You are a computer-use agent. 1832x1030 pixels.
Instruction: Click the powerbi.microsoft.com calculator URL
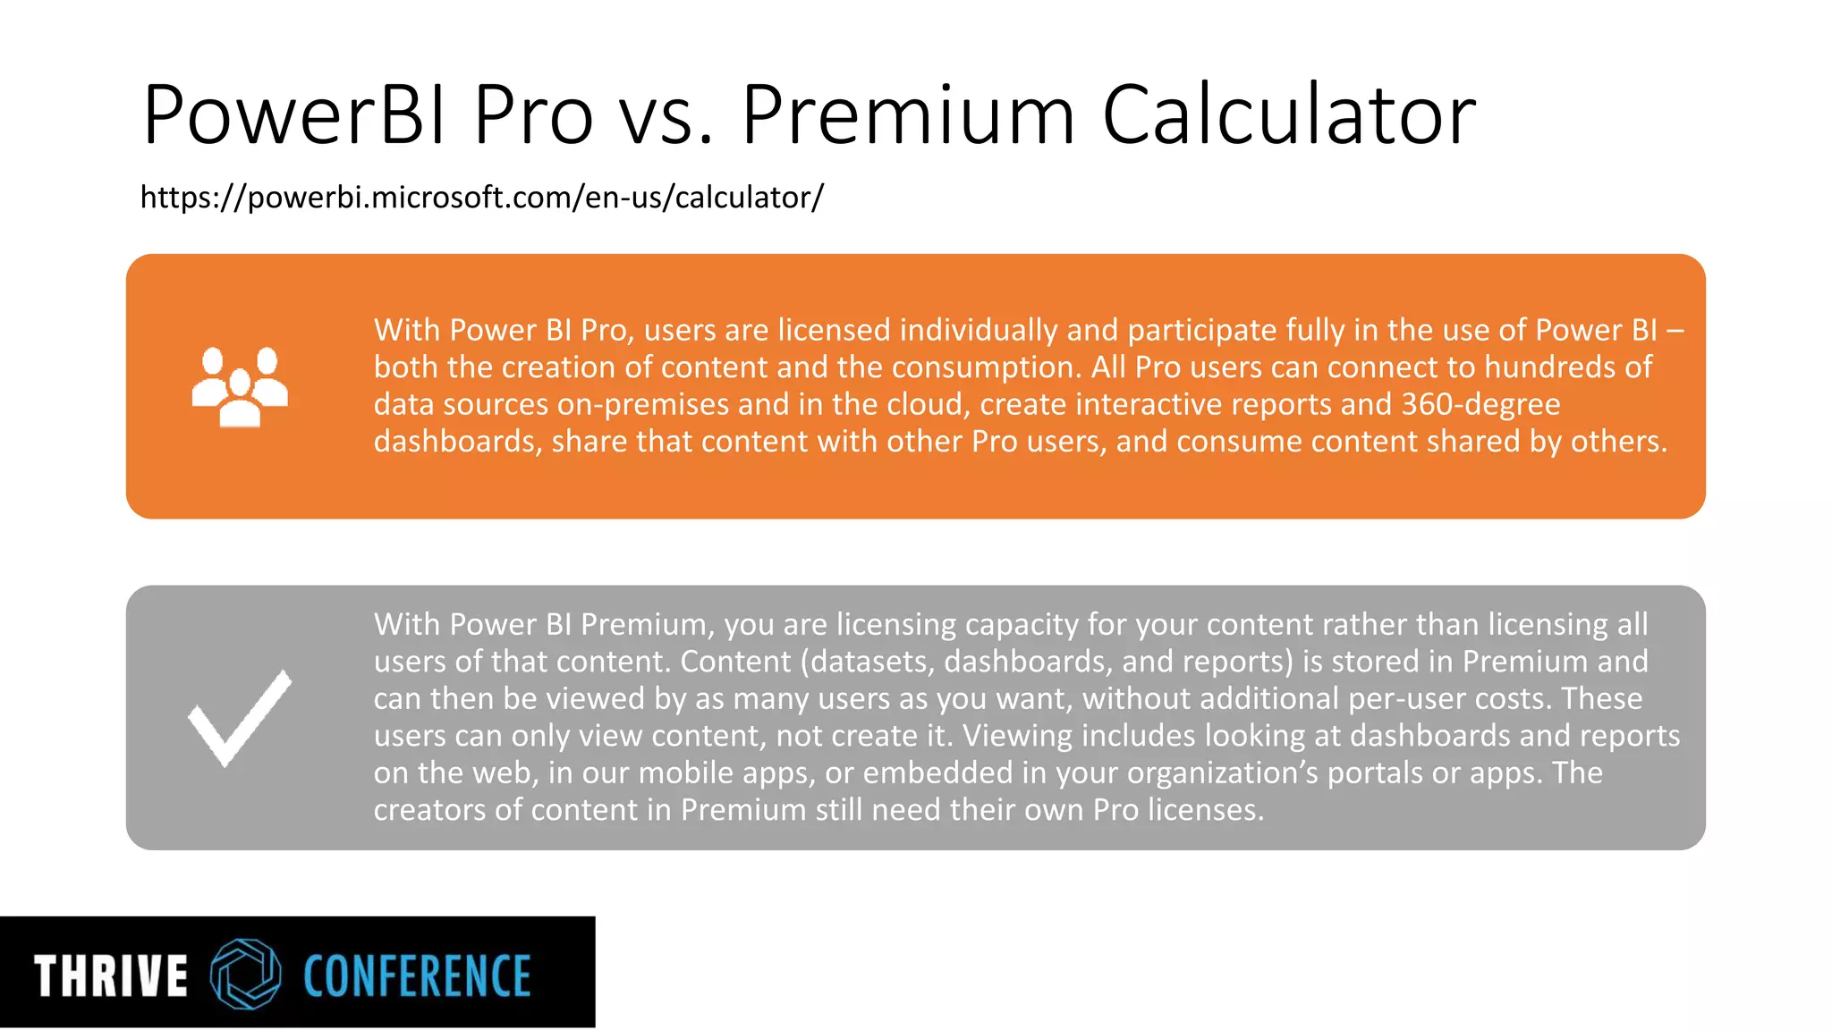[481, 197]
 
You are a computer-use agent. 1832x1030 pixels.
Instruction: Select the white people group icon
[240, 386]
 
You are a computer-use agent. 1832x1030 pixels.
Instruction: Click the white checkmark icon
[240, 717]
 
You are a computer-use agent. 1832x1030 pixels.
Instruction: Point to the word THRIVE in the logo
[111, 975]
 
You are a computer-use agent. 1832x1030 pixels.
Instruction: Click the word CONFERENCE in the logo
[417, 975]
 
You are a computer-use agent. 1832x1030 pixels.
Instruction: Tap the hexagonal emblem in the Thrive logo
[245, 974]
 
